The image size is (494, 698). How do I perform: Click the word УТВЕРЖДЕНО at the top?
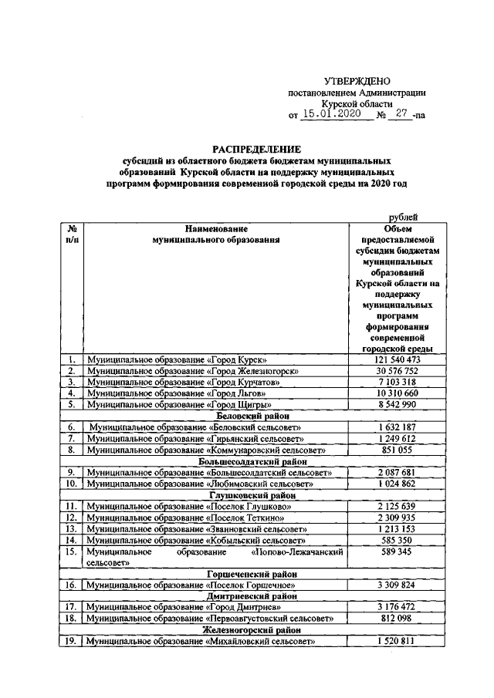click(x=357, y=81)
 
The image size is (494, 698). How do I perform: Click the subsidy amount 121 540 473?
click(x=397, y=360)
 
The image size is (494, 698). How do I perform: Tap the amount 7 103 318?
click(x=397, y=382)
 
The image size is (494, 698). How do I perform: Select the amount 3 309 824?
click(x=397, y=585)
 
